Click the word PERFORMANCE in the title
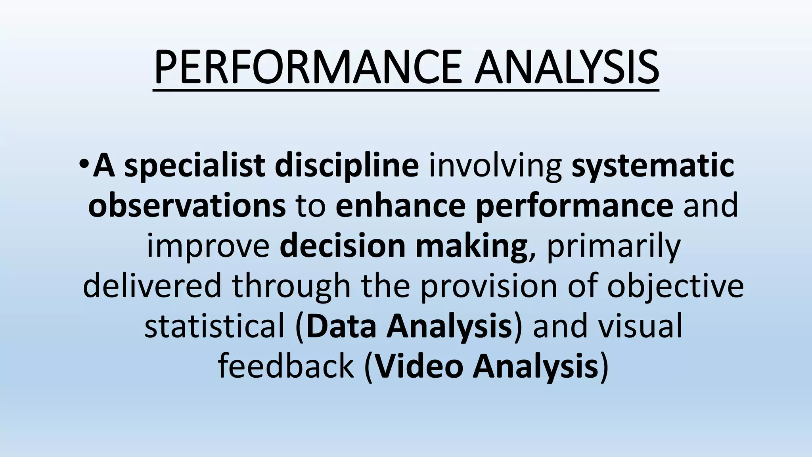(x=308, y=67)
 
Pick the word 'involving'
(x=495, y=166)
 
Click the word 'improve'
(x=208, y=246)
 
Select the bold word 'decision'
(x=343, y=246)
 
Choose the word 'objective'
(x=675, y=286)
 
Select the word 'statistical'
(x=214, y=326)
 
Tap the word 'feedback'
(x=285, y=366)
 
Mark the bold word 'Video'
(x=419, y=366)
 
